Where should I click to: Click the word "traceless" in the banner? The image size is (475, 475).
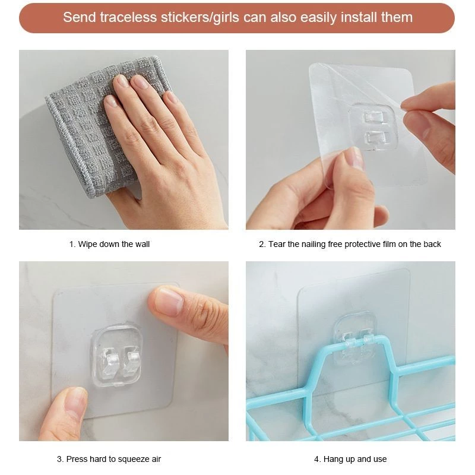pos(128,17)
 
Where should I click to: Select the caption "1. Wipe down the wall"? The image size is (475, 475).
pos(109,244)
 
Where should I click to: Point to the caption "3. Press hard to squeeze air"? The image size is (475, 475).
pos(109,459)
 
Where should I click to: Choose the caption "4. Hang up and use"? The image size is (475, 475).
pos(350,459)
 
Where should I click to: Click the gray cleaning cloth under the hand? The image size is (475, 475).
pos(91,127)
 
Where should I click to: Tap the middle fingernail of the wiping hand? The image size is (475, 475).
pos(139,82)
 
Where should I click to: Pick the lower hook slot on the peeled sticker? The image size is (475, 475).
pos(376,137)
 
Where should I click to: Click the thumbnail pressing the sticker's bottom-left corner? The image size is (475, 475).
pos(77,401)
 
